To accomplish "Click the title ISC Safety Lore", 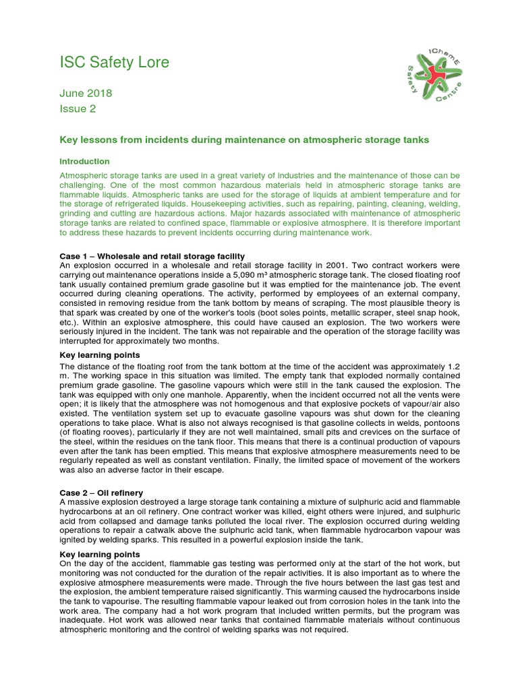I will tap(114, 63).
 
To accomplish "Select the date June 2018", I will tap(86, 94).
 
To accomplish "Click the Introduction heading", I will tap(84, 162).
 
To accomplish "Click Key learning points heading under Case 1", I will tap(100, 354).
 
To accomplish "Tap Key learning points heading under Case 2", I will tap(100, 554).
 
